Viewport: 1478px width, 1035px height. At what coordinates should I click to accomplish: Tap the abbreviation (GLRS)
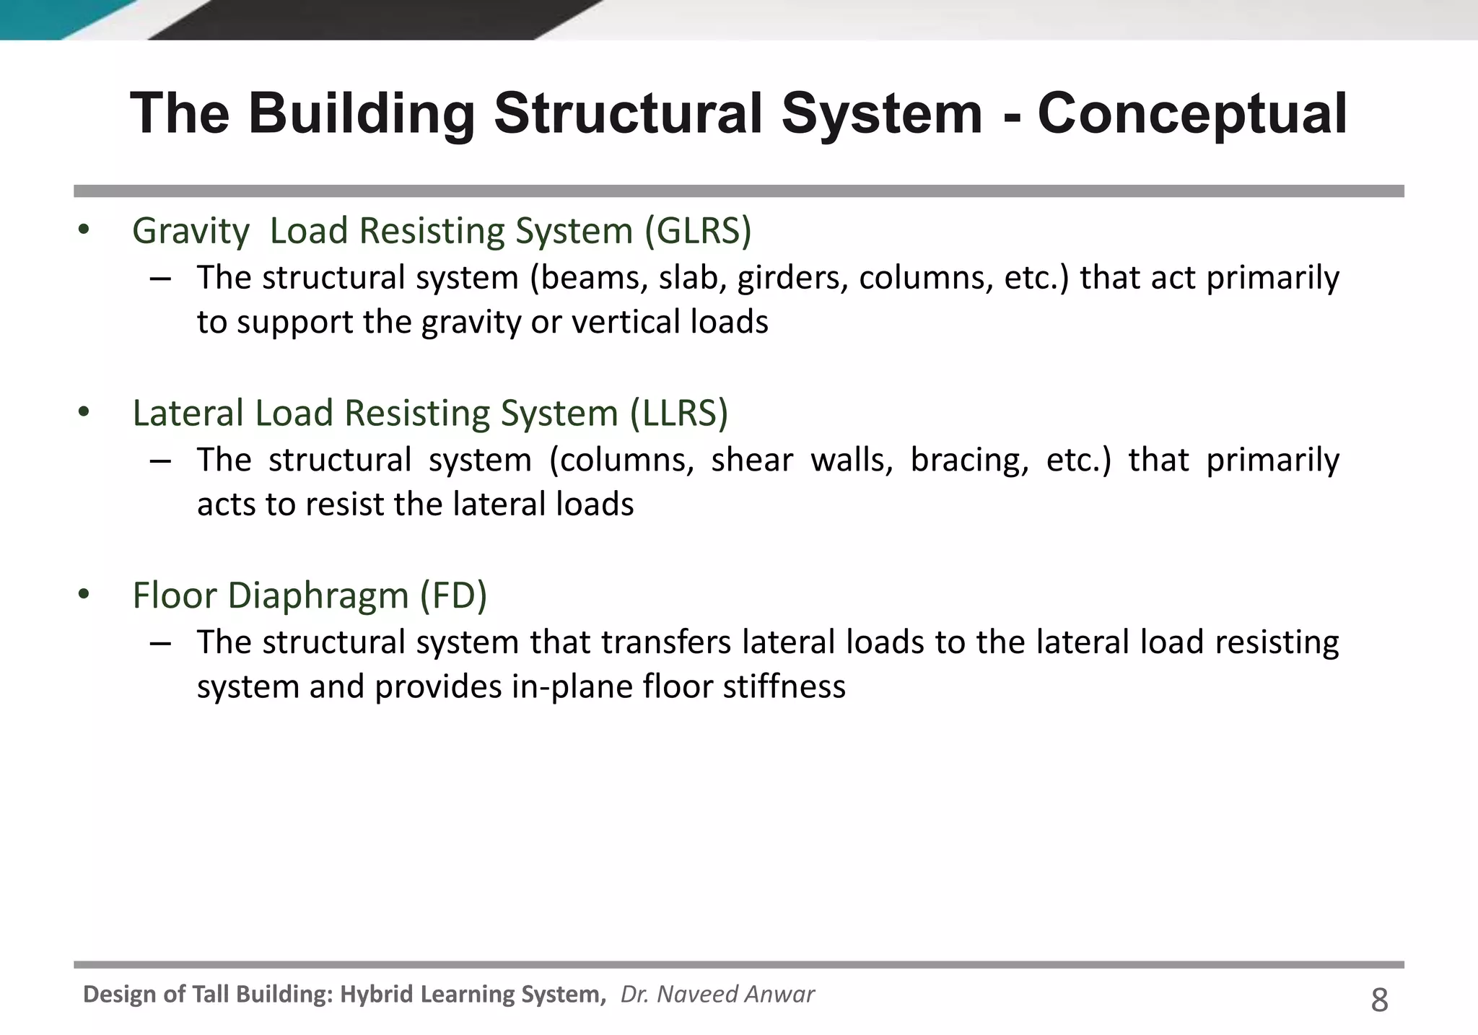(698, 231)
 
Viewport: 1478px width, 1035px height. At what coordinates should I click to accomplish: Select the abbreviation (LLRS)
(679, 414)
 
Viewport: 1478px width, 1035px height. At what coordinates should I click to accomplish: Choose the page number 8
(1379, 1001)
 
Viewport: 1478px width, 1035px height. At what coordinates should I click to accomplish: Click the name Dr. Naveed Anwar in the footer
(717, 995)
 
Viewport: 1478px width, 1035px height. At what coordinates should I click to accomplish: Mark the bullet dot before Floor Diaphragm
(84, 595)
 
